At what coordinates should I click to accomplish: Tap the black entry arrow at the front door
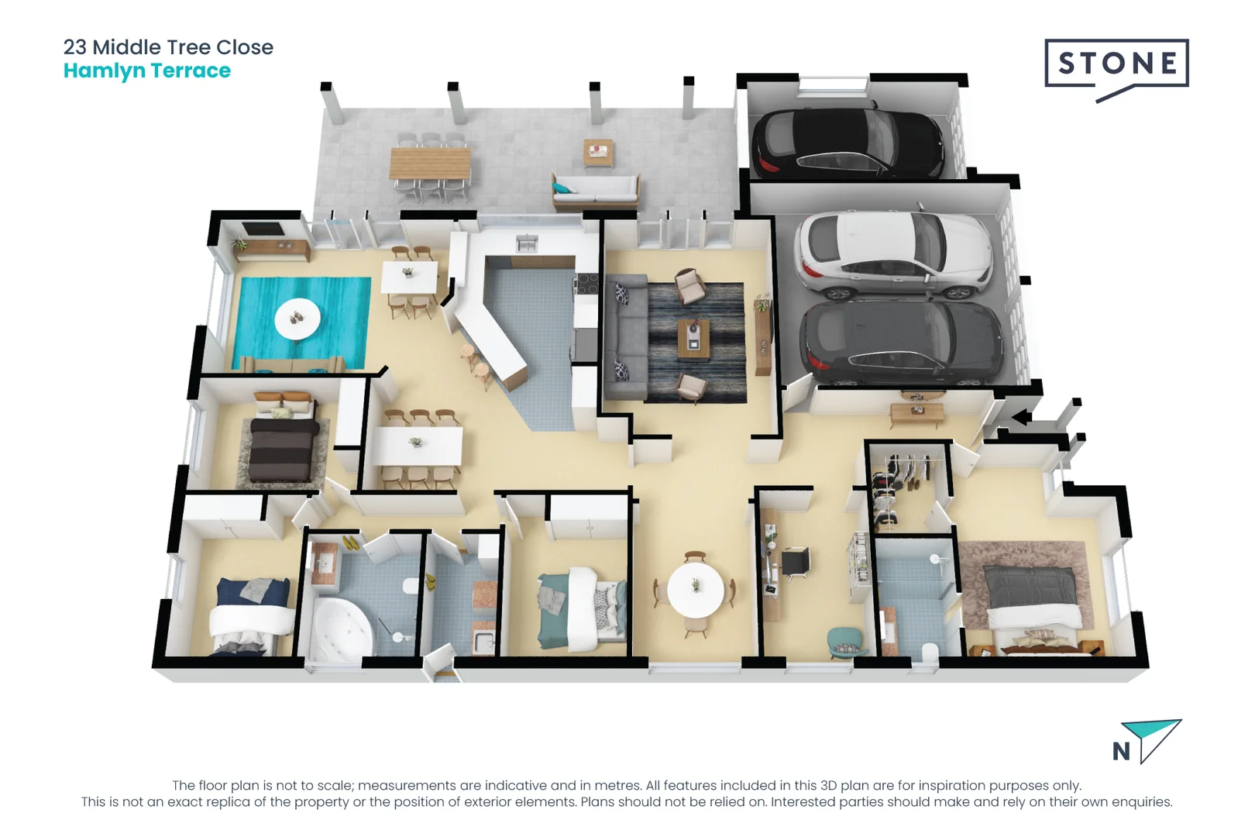pyautogui.click(x=1021, y=418)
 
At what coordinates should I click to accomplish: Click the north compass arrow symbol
pyautogui.click(x=1152, y=737)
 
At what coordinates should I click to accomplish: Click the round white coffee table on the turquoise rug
pyautogui.click(x=297, y=319)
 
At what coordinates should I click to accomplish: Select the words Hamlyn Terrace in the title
pyautogui.click(x=147, y=71)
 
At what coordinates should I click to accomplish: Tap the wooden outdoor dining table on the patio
pyautogui.click(x=430, y=164)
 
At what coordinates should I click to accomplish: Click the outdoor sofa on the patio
pyautogui.click(x=595, y=191)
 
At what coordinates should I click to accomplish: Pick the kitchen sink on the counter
pyautogui.click(x=527, y=245)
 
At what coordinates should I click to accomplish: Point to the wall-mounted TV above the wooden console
pyautogui.click(x=263, y=229)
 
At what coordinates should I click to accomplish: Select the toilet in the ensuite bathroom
pyautogui.click(x=930, y=650)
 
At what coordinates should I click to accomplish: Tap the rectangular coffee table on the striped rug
pyautogui.click(x=693, y=339)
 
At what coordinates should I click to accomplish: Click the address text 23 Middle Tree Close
pyautogui.click(x=168, y=47)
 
